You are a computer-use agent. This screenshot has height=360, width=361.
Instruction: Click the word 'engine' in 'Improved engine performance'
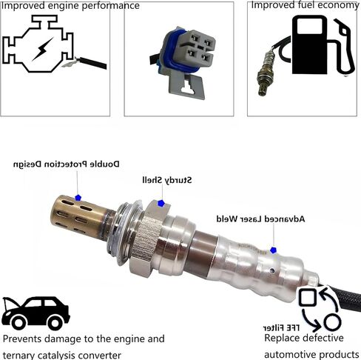tap(58, 6)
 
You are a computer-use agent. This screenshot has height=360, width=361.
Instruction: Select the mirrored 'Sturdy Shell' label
tap(168, 180)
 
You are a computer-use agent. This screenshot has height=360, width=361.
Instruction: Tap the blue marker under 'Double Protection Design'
tap(78, 199)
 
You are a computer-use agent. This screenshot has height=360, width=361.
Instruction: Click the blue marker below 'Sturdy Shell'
tap(161, 203)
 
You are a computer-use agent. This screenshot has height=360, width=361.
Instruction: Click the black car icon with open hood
tap(36, 313)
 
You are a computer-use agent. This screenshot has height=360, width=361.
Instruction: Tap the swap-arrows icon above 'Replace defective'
tap(319, 309)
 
